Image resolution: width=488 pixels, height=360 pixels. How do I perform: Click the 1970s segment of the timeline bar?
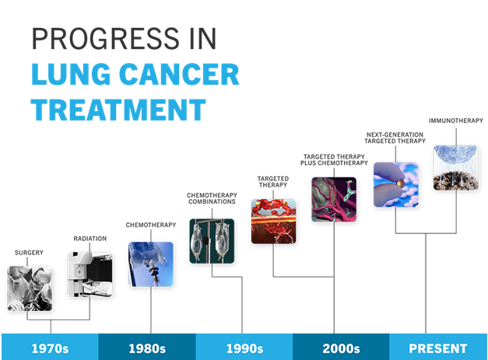pyautogui.click(x=50, y=347)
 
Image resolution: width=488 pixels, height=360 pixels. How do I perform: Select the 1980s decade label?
pyautogui.click(x=147, y=348)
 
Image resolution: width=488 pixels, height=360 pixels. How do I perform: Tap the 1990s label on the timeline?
pyautogui.click(x=244, y=348)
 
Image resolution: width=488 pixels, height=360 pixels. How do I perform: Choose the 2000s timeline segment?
pyautogui.click(x=341, y=347)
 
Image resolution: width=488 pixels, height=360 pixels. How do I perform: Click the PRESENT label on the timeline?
pyautogui.click(x=438, y=348)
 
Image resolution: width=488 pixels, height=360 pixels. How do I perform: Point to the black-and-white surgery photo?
pyautogui.click(x=30, y=288)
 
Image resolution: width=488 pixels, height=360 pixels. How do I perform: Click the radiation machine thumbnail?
pyautogui.click(x=90, y=274)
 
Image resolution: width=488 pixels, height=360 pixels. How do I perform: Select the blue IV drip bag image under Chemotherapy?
pyautogui.click(x=151, y=264)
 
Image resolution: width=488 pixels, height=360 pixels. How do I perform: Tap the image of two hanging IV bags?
pyautogui.click(x=212, y=241)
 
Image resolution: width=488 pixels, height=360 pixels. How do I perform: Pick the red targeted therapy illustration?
pyautogui.click(x=273, y=222)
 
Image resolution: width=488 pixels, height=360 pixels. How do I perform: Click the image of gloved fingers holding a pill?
pyautogui.click(x=396, y=184)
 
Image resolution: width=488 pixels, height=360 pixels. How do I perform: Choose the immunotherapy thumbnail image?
pyautogui.click(x=456, y=168)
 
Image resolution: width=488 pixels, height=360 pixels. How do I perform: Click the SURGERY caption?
pyautogui.click(x=29, y=253)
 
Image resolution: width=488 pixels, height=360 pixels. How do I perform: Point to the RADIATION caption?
pyautogui.click(x=90, y=239)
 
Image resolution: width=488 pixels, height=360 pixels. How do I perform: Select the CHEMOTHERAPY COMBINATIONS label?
pyautogui.click(x=212, y=198)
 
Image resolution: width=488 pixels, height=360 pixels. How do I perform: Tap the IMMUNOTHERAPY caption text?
pyautogui.click(x=456, y=121)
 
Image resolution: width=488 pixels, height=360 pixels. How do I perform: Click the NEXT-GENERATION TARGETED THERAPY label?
pyautogui.click(x=395, y=138)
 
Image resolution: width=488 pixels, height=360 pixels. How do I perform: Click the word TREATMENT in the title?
pyautogui.click(x=118, y=110)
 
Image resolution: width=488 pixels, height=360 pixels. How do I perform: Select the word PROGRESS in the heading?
pyautogui.click(x=106, y=39)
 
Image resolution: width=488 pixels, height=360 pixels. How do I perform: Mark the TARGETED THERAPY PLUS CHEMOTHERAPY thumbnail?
pyautogui.click(x=334, y=199)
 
